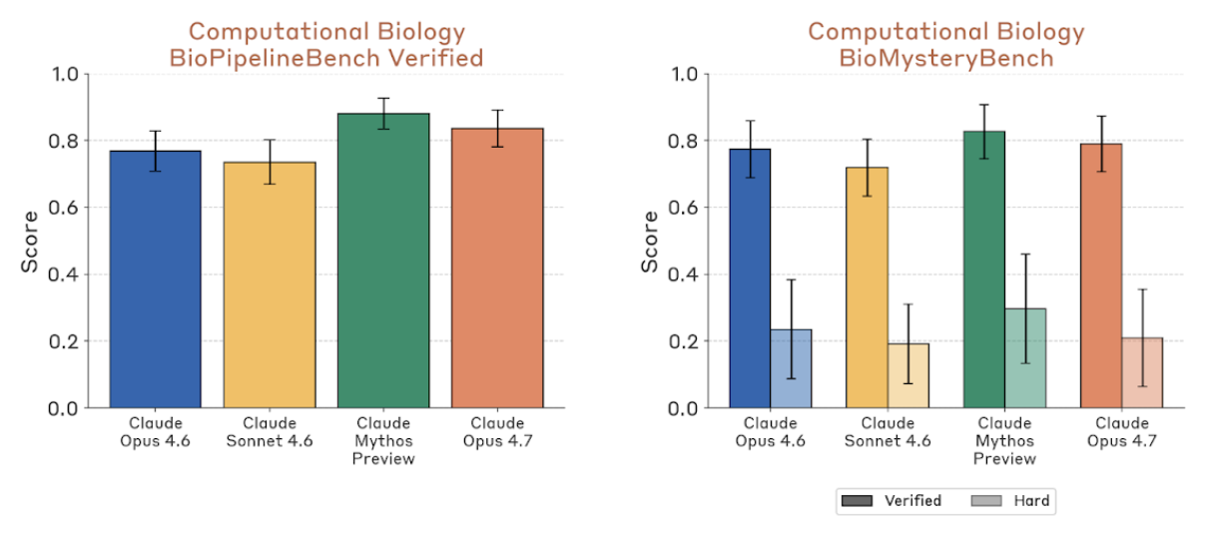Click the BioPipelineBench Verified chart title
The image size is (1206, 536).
point(325,45)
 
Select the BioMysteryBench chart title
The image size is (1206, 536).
point(945,45)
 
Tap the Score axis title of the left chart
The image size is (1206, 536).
point(29,241)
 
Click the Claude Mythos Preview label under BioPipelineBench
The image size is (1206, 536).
point(383,441)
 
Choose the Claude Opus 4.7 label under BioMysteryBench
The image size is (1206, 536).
point(1122,432)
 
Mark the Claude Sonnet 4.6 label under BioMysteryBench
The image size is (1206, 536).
point(887,432)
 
